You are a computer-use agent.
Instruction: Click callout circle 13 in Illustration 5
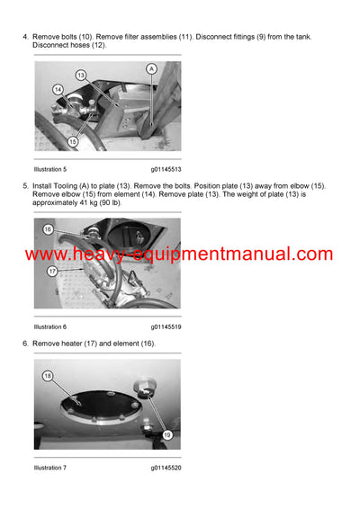[x=80, y=75]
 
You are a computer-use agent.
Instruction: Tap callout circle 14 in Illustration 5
[x=58, y=89]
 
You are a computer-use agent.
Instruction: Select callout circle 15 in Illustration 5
[x=72, y=141]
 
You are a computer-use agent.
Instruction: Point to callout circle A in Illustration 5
[x=151, y=68]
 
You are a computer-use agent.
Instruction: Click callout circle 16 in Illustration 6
[x=48, y=229]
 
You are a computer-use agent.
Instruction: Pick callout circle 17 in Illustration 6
[x=52, y=271]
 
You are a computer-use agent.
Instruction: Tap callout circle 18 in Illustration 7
[x=48, y=375]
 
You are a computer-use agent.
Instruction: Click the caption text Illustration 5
[x=50, y=169]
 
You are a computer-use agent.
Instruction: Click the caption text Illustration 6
[x=50, y=326]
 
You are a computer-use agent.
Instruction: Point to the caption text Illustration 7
[x=50, y=468]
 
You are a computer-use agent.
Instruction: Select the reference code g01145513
[x=166, y=169]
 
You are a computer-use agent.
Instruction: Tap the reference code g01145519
[x=166, y=326]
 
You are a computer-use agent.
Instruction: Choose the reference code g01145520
[x=166, y=468]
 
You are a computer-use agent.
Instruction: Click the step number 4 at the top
[x=24, y=36]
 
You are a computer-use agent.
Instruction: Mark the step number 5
[x=24, y=186]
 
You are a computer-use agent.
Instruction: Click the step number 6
[x=24, y=344]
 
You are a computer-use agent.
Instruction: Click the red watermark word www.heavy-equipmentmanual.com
[x=179, y=254]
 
